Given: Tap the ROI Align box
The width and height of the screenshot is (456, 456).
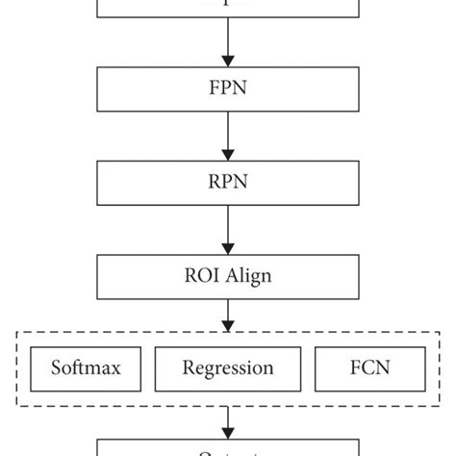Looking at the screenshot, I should click(228, 275).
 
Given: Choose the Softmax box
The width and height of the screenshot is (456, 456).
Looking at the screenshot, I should click(84, 367).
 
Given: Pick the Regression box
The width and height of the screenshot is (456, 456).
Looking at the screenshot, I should click(228, 367).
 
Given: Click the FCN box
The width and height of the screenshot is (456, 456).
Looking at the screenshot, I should click(371, 367).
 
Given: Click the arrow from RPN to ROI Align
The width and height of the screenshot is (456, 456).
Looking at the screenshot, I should click(228, 230).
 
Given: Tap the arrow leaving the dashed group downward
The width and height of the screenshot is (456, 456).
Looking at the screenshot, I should click(228, 419).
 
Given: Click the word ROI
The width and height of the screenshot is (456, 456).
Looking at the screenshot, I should click(200, 275).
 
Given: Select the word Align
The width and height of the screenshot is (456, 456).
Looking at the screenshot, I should click(245, 276).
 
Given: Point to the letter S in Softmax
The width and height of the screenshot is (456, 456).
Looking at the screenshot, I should click(54, 367).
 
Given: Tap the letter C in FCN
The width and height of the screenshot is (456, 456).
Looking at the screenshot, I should click(371, 367).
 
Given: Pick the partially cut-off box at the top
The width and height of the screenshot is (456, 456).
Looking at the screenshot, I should click(228, 9).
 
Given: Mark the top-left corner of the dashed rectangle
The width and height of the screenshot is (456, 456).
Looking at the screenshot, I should click(17, 333).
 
